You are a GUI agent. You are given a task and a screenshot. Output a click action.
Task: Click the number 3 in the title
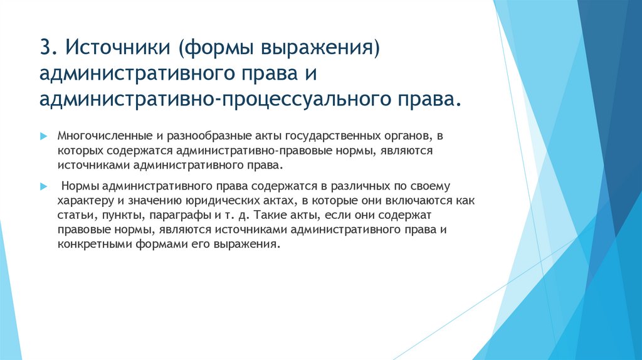tap(45, 48)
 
